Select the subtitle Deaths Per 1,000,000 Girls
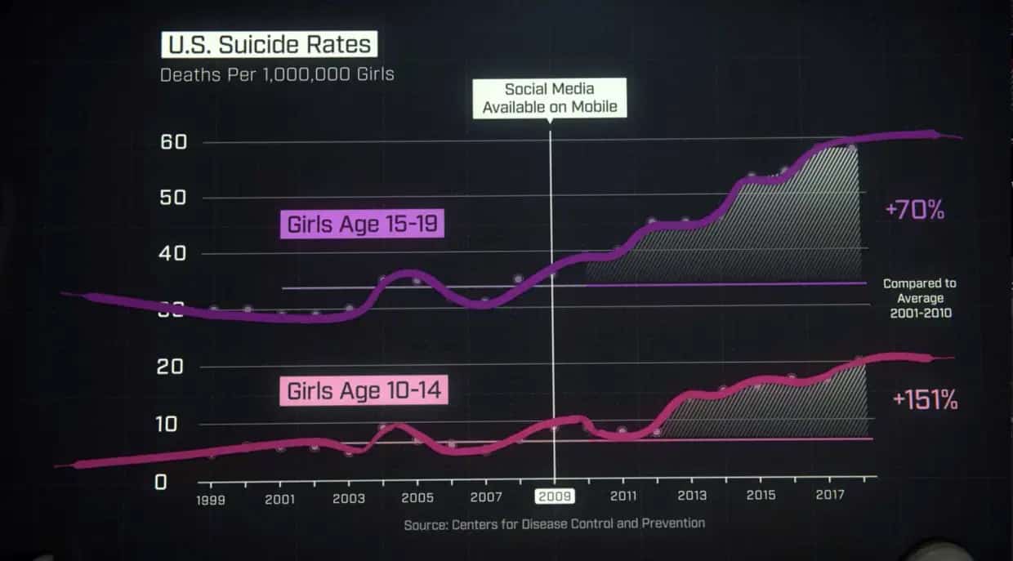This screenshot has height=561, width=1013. tap(277, 75)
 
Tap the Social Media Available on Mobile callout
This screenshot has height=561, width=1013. tap(549, 98)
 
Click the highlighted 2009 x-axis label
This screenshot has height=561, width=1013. tap(555, 496)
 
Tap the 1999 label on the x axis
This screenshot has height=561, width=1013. tap(210, 500)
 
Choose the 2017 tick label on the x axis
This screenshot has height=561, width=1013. tap(829, 495)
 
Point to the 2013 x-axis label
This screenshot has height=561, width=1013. tap(692, 496)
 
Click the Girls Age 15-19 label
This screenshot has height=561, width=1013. tap(363, 225)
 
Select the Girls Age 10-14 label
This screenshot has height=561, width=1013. tap(364, 390)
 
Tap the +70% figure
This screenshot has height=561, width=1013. tap(914, 211)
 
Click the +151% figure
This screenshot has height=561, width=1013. tap(925, 401)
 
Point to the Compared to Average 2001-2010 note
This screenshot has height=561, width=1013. tap(919, 298)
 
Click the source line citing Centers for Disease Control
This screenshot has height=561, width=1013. tap(554, 523)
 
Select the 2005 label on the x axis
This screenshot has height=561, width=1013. tap(417, 497)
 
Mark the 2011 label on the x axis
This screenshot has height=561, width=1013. tap(623, 496)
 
